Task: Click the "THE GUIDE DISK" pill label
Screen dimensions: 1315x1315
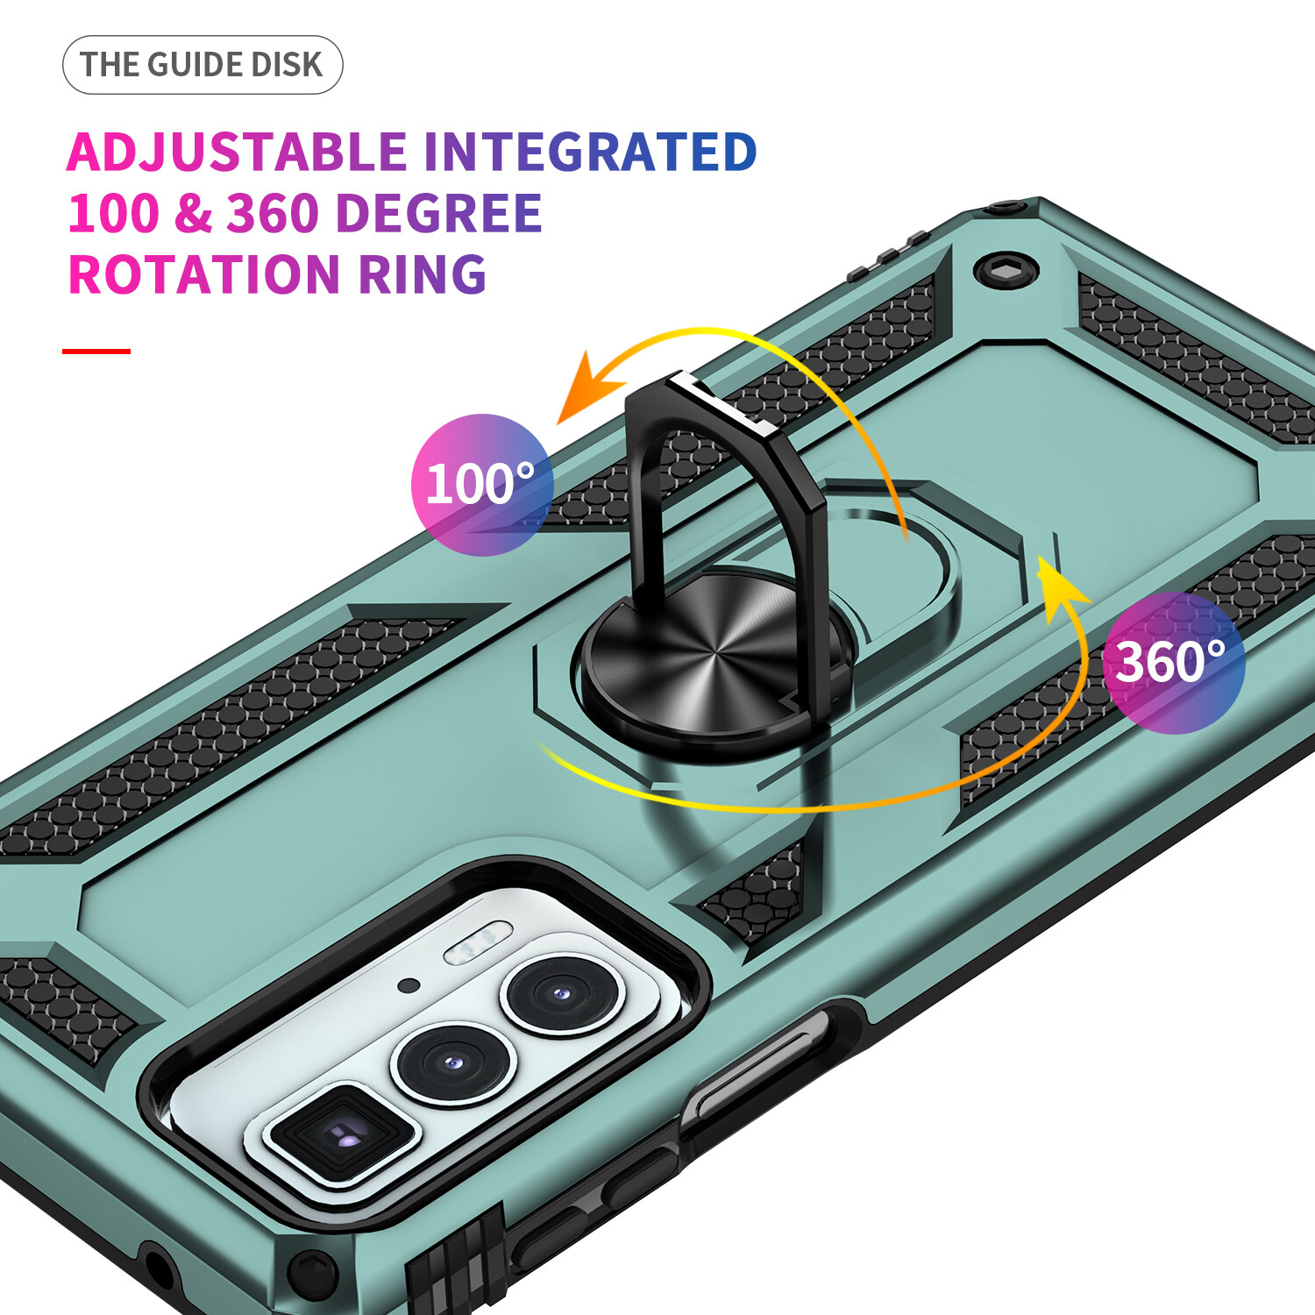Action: click(x=202, y=65)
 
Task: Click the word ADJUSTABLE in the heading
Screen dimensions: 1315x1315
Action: click(x=237, y=152)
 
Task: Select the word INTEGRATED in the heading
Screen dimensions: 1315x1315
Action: click(x=590, y=152)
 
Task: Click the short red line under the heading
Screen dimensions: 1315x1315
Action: click(x=96, y=352)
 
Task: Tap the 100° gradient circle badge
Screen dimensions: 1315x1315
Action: click(x=481, y=485)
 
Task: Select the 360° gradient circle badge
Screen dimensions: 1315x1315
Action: click(x=1173, y=663)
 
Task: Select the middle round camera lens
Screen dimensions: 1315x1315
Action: click(x=452, y=1063)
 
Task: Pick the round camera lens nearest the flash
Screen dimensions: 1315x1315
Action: click(x=561, y=995)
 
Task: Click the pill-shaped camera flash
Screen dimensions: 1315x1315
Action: click(x=478, y=942)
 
